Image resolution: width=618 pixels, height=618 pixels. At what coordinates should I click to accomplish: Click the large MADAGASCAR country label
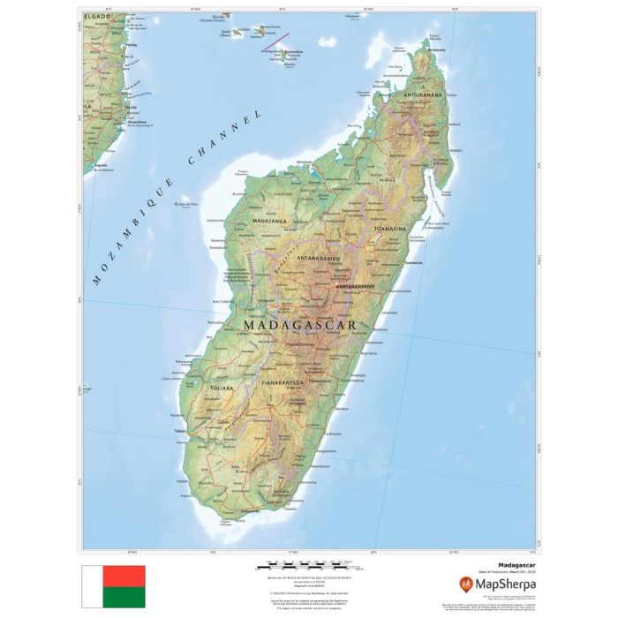tap(299, 325)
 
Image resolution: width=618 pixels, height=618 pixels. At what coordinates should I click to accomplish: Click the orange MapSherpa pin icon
tap(464, 584)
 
